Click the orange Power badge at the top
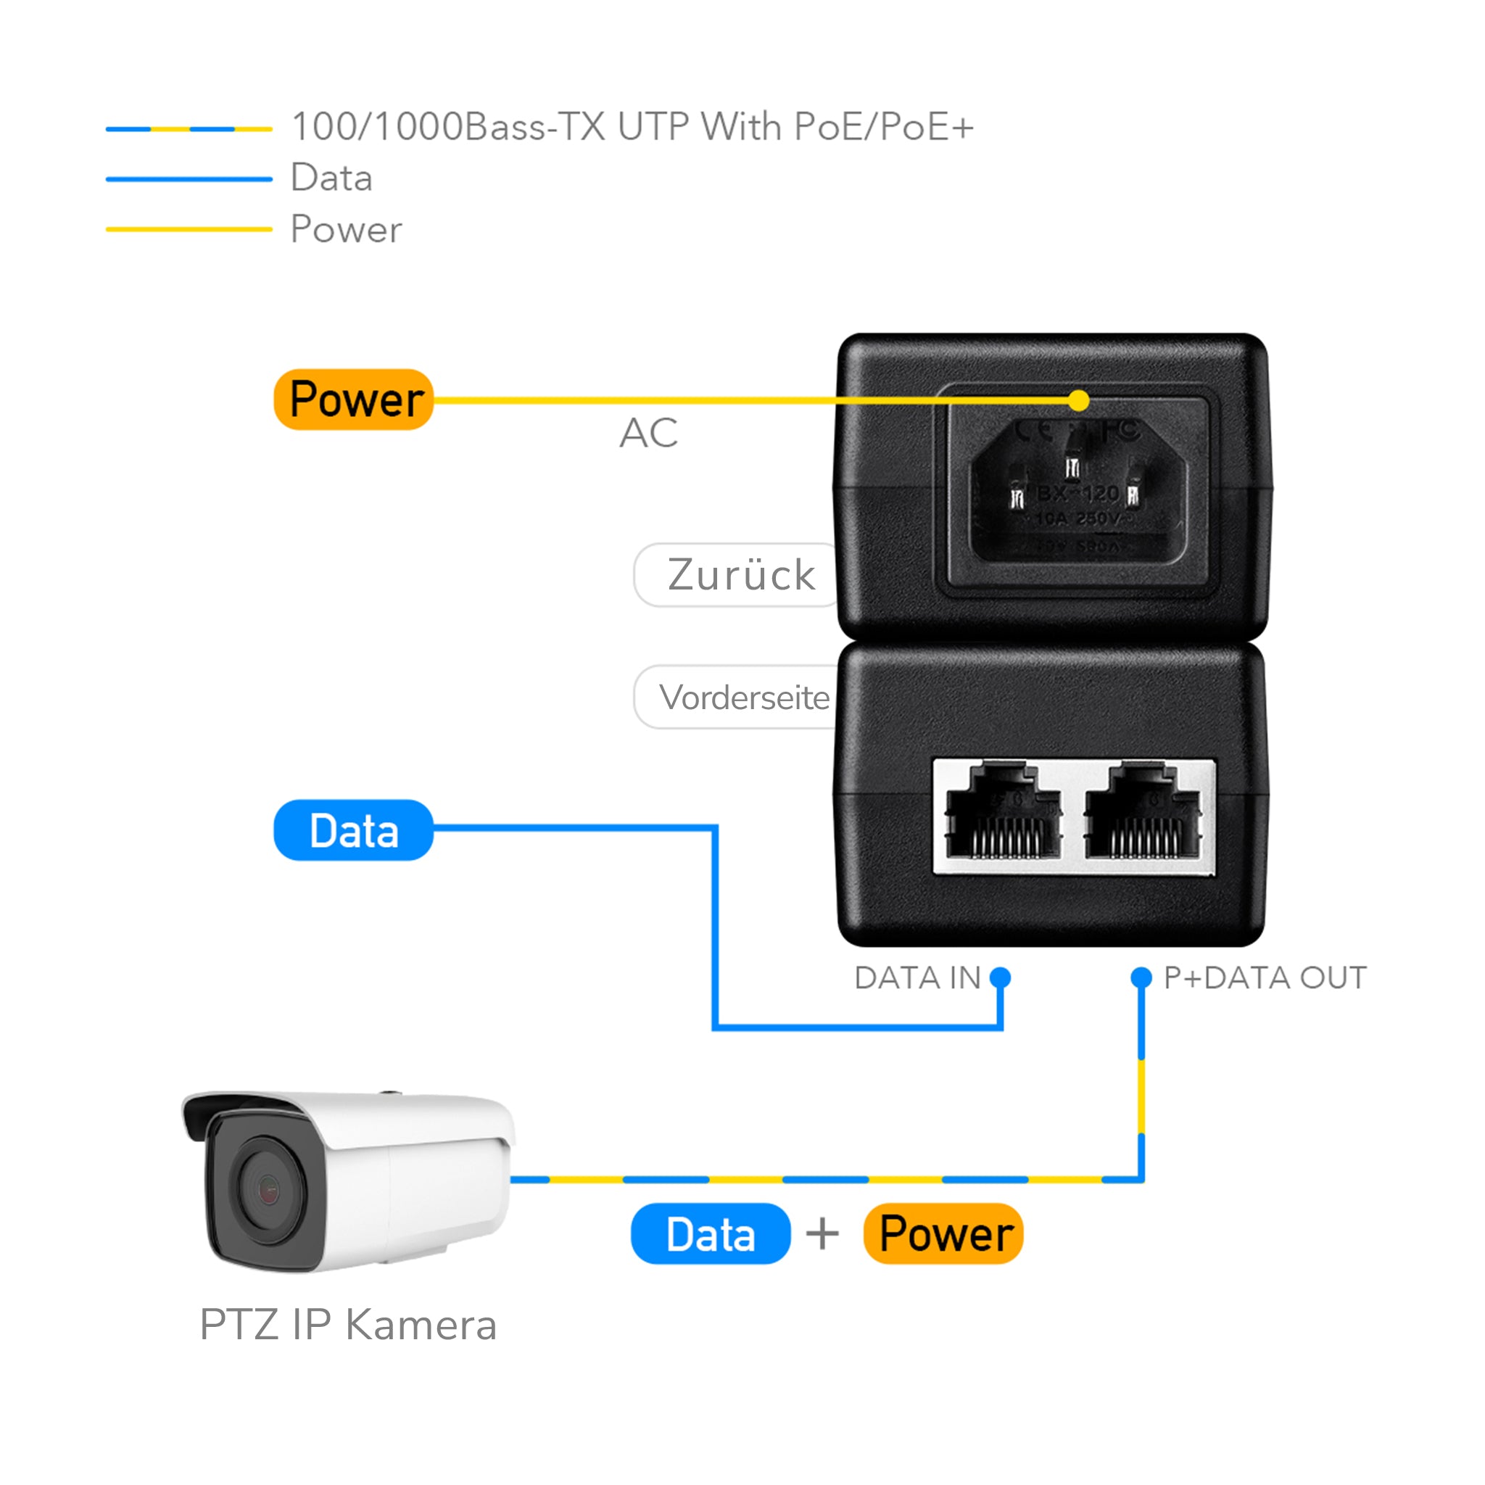[x=354, y=399]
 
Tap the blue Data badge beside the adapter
[x=354, y=830]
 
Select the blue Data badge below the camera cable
[x=710, y=1233]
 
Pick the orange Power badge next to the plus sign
[x=943, y=1233]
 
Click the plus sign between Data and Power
[x=822, y=1234]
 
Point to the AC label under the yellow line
[x=649, y=433]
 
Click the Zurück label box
[x=738, y=575]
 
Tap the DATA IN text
[x=917, y=977]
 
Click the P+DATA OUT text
[x=1265, y=977]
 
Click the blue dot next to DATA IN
[x=1000, y=977]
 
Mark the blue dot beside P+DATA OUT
[x=1141, y=977]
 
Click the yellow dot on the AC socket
[x=1079, y=400]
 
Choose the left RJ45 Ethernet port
[x=1003, y=815]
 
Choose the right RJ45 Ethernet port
[x=1142, y=815]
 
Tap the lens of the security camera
[x=267, y=1191]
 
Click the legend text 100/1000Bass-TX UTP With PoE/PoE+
[x=632, y=127]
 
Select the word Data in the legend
[x=331, y=178]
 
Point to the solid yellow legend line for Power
[x=189, y=229]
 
